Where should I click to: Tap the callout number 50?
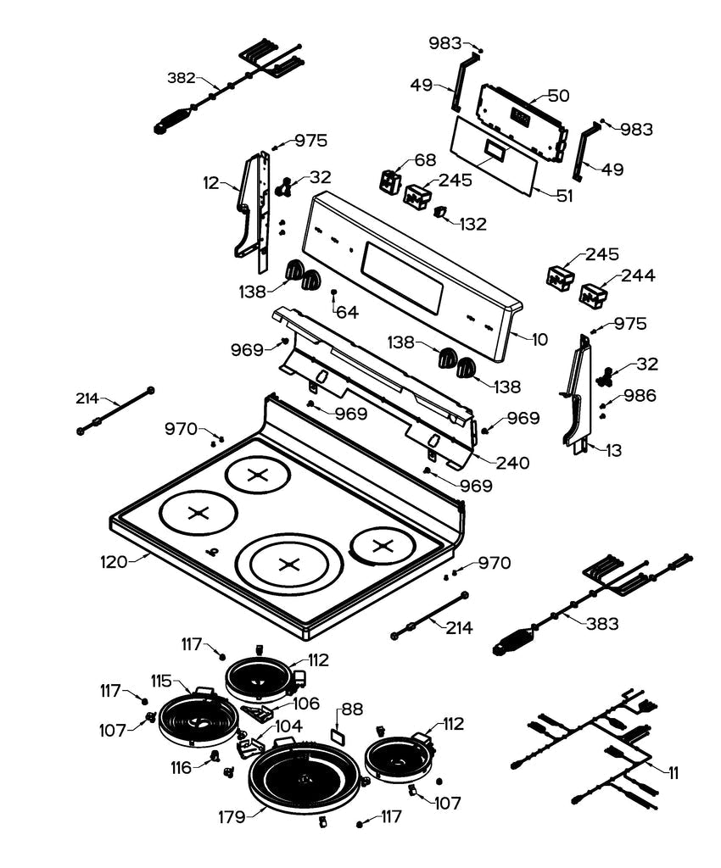558,95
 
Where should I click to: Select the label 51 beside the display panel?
564,195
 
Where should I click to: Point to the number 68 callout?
425,161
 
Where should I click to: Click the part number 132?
472,225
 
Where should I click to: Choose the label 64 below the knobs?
347,312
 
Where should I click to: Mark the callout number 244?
638,275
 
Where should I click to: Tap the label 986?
640,395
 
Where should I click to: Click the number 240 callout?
512,463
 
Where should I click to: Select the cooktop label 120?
115,561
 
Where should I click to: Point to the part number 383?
603,623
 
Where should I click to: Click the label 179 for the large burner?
232,817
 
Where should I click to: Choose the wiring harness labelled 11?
594,746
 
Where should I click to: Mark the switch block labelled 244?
593,296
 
